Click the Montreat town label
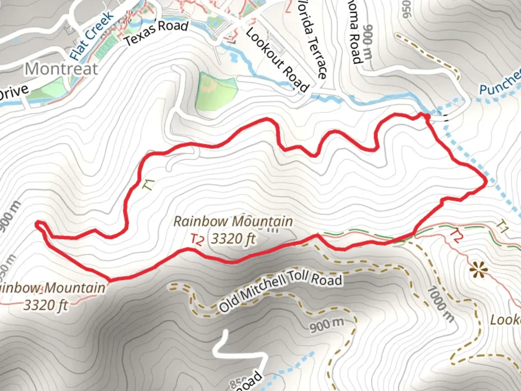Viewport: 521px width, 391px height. (x=62, y=69)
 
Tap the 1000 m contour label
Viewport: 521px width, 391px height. (x=440, y=304)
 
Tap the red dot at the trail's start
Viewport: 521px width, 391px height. (x=427, y=116)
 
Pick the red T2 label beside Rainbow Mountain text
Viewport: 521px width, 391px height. (x=198, y=240)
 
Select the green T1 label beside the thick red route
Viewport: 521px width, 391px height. (x=149, y=185)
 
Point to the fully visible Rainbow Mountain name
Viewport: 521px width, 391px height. (x=233, y=221)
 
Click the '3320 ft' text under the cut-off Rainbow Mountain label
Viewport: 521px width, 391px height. (x=46, y=305)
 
